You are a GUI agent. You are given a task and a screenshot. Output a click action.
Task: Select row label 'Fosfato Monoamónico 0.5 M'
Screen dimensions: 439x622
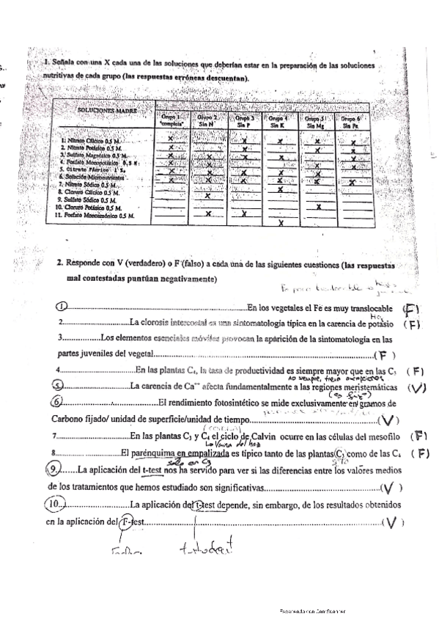pyautogui.click(x=95, y=216)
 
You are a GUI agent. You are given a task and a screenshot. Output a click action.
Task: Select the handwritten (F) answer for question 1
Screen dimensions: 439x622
pyautogui.click(x=412, y=310)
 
